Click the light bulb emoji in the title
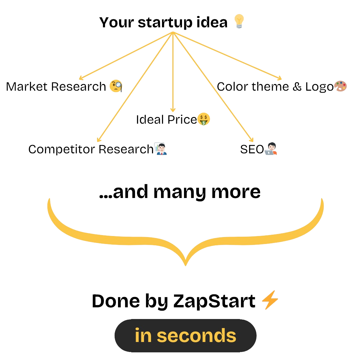239,22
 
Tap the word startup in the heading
165,23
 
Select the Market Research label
56,87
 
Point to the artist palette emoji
340,86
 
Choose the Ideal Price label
166,119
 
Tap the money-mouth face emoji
204,119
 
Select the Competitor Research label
91,149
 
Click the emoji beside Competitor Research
161,149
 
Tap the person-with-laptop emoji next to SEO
270,149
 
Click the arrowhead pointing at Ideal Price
172,110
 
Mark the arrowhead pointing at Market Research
81,78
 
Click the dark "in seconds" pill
185,336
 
